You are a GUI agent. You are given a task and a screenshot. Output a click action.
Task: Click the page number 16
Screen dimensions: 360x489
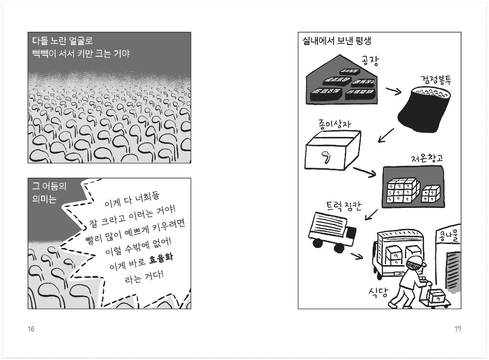[x=31, y=329]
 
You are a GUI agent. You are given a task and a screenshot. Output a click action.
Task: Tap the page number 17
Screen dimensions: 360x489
[x=458, y=329]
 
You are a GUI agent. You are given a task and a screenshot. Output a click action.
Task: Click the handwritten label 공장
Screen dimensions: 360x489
[x=371, y=60]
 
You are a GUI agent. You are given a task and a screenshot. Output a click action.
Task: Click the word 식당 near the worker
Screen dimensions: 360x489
[x=378, y=293]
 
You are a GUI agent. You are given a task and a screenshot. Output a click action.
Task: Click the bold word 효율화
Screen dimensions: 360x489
[x=161, y=255]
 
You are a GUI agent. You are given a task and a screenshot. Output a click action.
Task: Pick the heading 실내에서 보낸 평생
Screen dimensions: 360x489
[x=337, y=41]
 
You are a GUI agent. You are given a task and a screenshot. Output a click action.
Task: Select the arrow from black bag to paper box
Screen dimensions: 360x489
[x=386, y=135]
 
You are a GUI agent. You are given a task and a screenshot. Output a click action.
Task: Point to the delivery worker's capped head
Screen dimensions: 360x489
[x=415, y=263]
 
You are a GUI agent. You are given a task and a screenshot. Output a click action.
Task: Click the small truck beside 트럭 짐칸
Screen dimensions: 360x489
[x=333, y=231]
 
